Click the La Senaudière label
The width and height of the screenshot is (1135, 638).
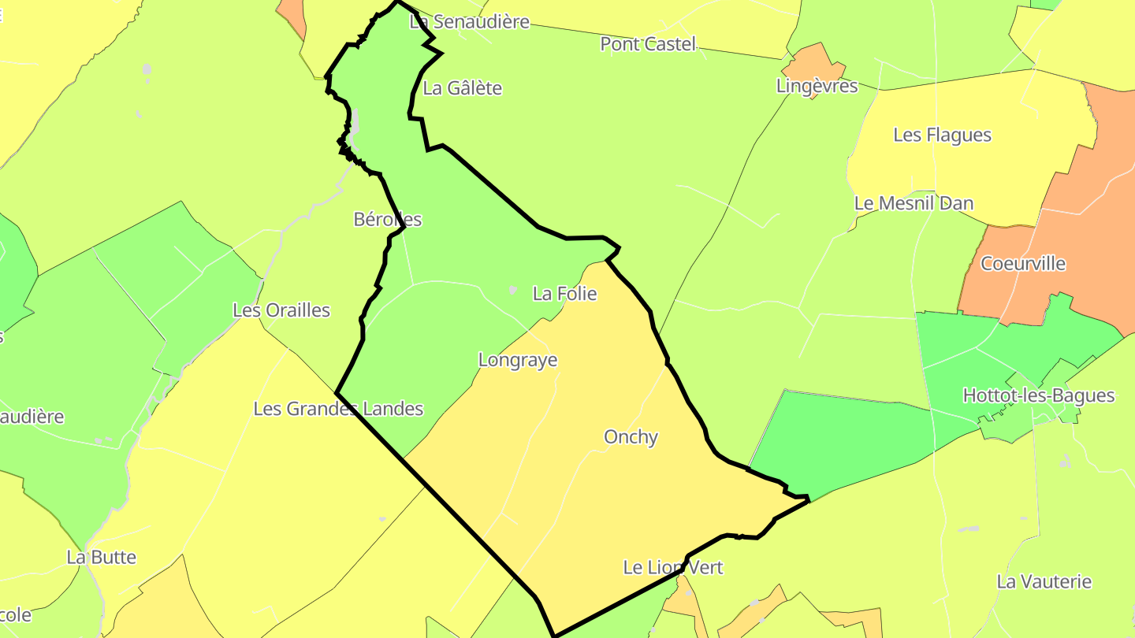tap(470, 22)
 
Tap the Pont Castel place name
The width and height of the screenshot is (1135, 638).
tap(648, 44)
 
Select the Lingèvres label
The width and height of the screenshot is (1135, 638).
tap(817, 86)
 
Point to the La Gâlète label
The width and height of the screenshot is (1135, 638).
tap(462, 88)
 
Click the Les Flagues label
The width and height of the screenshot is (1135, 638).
tap(942, 135)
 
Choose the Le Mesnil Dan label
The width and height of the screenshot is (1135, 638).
tap(914, 203)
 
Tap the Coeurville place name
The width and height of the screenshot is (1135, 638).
tap(1022, 263)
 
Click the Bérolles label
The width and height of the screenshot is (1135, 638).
tap(388, 220)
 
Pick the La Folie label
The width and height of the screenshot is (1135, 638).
tap(564, 294)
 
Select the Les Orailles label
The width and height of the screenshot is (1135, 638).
tap(281, 310)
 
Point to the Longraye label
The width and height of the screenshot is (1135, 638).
tap(518, 360)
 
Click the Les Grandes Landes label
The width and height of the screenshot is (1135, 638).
tap(338, 409)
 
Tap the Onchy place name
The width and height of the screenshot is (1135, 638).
tap(631, 436)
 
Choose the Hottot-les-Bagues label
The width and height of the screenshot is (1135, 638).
tap(1038, 395)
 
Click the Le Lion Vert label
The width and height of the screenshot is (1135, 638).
tap(672, 567)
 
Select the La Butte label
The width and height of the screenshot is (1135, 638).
tap(102, 558)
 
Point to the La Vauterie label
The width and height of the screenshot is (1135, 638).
tap(1044, 582)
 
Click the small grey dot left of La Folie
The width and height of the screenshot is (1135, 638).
tap(512, 291)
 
